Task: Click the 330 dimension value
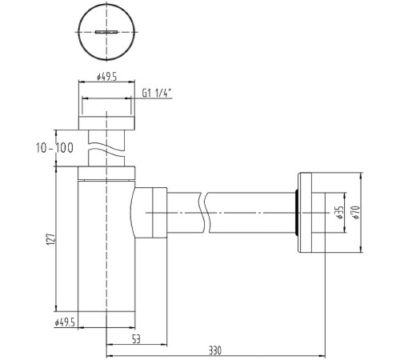[215, 350]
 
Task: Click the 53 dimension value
[136, 339]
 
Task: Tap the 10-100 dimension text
[54, 148]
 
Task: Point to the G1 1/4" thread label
[157, 93]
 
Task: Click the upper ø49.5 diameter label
[106, 77]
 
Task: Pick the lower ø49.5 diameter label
[65, 323]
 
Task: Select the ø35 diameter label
[340, 213]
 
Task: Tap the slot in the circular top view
[106, 32]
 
